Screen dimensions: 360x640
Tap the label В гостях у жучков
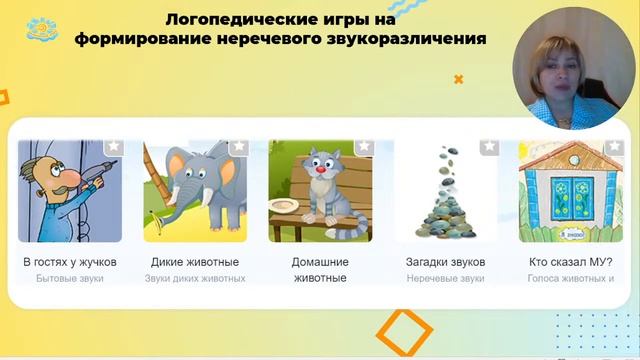70,262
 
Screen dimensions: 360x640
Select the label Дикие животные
195,262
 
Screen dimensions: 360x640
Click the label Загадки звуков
445,262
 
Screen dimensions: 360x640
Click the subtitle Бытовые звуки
70,278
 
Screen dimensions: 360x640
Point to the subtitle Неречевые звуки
445,278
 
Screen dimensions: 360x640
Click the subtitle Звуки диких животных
195,278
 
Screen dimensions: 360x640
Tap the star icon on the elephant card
238,147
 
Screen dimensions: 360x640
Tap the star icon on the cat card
362,147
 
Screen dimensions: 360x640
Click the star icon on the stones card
488,147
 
